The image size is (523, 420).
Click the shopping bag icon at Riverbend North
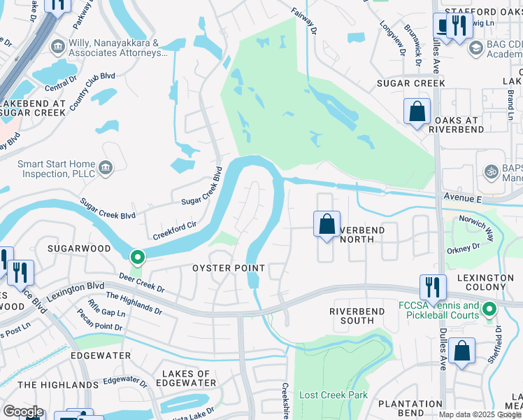[327, 225]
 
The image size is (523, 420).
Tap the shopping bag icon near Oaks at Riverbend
[417, 111]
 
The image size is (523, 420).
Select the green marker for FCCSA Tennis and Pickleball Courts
[489, 309]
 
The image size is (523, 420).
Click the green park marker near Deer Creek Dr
[138, 258]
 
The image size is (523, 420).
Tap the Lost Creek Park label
[334, 395]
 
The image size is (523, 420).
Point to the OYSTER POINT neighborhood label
[229, 269]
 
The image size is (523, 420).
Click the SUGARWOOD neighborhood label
[79, 248]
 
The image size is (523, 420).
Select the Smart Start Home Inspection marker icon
[106, 167]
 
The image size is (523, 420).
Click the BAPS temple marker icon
[490, 171]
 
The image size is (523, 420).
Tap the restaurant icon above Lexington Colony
[433, 286]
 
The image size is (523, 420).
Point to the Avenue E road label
[462, 199]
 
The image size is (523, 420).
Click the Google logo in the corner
[22, 411]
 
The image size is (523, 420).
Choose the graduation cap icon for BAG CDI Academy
[476, 48]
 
